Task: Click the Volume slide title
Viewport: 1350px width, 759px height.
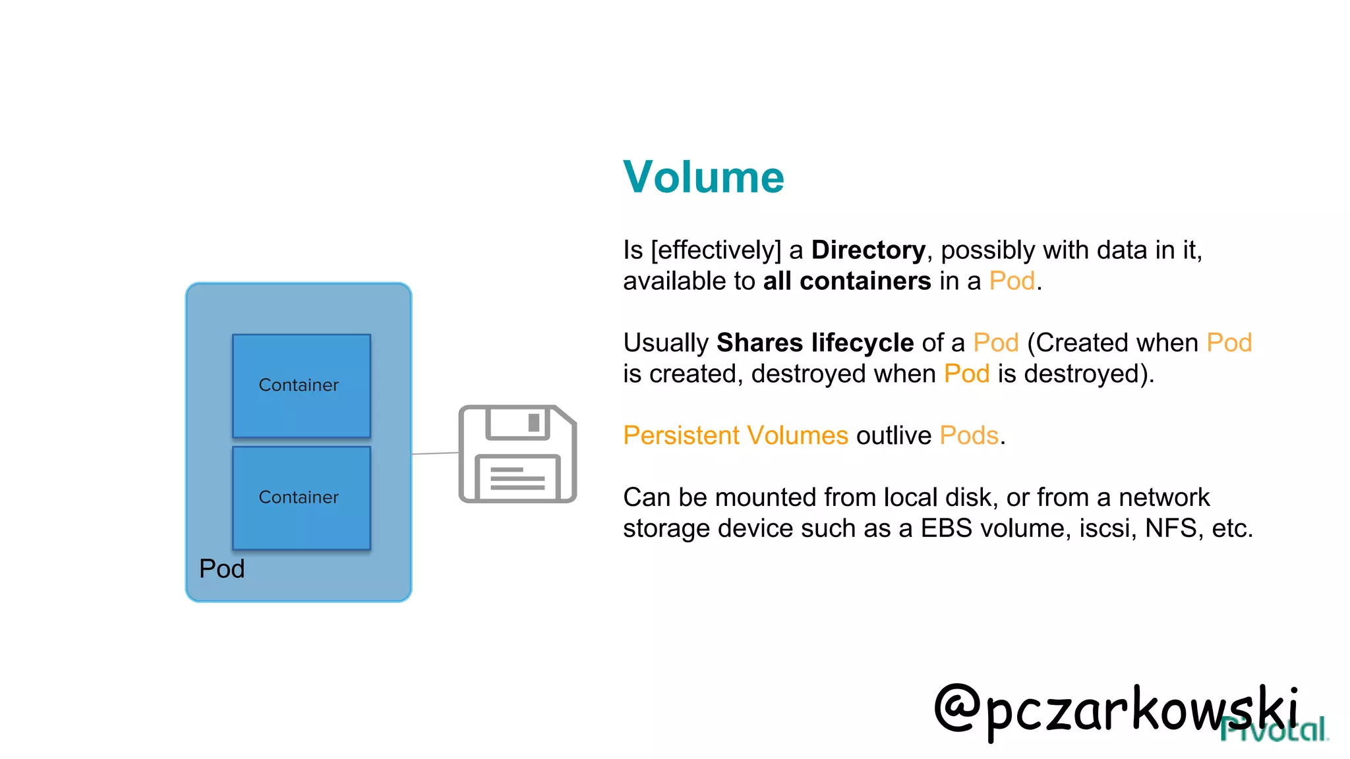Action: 703,177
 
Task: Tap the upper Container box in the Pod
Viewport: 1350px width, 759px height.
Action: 301,385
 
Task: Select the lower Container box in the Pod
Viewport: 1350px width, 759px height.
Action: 301,497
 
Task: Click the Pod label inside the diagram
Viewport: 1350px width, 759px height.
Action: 221,569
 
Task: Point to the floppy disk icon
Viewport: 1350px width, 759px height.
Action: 517,454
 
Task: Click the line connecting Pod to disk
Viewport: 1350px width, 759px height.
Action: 435,453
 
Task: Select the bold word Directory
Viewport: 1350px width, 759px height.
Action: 868,250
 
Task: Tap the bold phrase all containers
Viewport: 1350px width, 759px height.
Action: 846,281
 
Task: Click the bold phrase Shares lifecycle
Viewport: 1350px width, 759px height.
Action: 815,343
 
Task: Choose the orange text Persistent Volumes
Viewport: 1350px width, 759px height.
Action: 736,436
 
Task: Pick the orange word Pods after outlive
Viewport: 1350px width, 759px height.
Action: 969,436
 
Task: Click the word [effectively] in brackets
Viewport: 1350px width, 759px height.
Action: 716,250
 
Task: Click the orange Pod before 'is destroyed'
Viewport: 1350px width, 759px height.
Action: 966,374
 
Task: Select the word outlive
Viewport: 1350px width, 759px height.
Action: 893,436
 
